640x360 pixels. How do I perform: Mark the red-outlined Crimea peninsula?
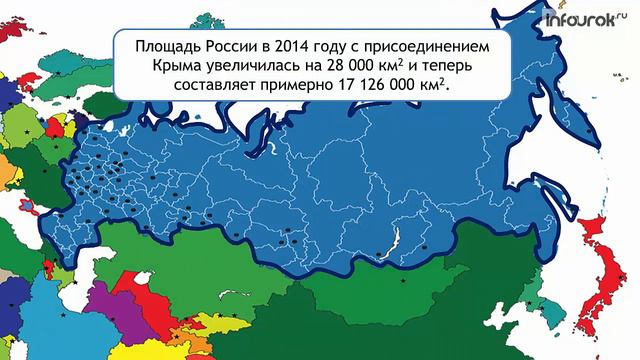pyautogui.click(x=27, y=209)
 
